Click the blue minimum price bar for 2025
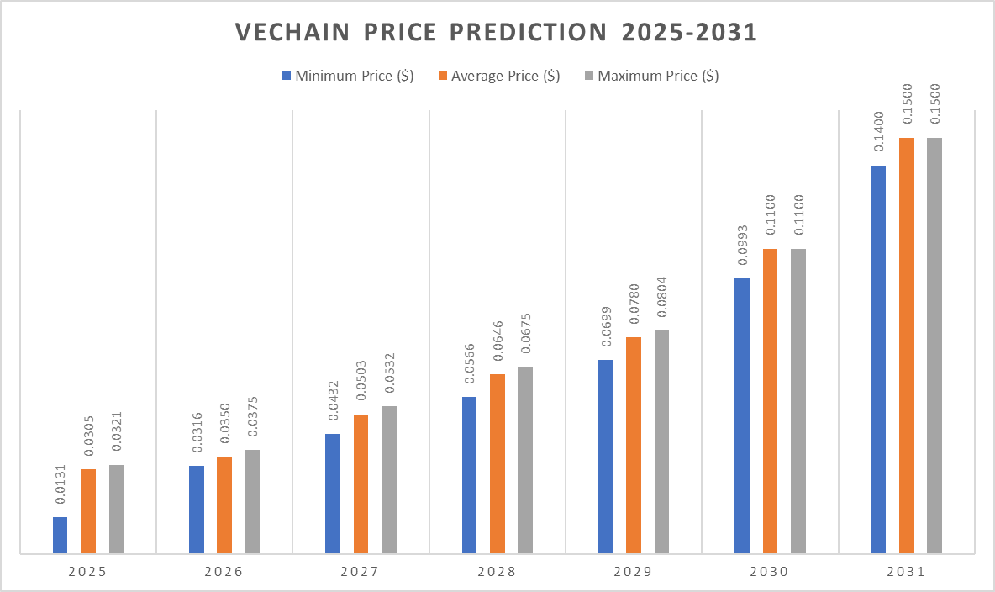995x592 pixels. click(x=60, y=535)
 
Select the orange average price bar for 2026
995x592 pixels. click(x=224, y=505)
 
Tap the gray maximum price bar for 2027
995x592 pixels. click(x=388, y=479)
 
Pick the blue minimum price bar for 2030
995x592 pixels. click(x=742, y=415)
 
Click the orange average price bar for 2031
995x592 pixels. click(x=907, y=345)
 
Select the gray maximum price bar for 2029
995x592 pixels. click(x=662, y=441)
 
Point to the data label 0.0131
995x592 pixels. click(x=61, y=490)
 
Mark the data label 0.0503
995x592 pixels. click(x=361, y=388)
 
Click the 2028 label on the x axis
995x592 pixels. click(x=496, y=572)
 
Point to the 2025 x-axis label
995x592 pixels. click(x=87, y=572)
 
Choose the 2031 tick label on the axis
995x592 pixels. click(x=905, y=572)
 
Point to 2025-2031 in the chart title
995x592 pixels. click(x=689, y=32)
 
